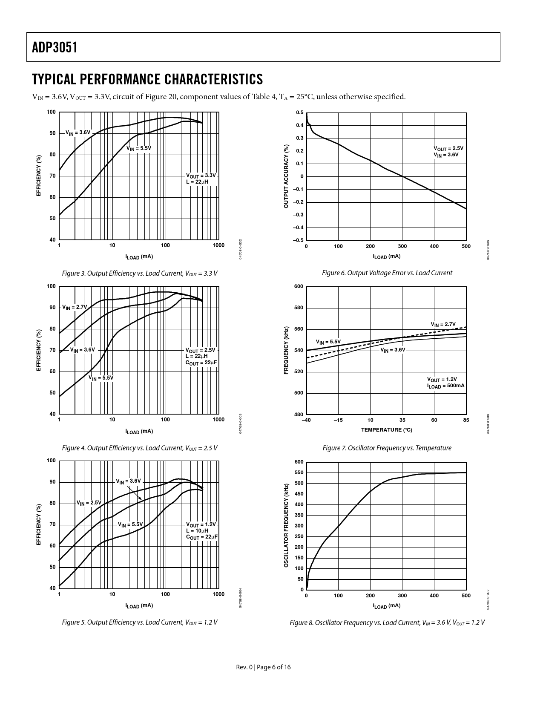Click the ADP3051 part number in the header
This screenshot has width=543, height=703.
point(55,47)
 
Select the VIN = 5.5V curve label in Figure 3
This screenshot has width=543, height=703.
point(138,148)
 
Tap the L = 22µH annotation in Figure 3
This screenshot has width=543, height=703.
point(197,182)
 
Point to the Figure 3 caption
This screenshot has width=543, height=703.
point(140,273)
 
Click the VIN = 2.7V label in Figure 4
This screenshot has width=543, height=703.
point(75,307)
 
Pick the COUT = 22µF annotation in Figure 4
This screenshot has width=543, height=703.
point(201,363)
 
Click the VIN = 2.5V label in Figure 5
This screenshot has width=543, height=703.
point(89,503)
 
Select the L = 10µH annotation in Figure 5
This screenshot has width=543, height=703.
point(197,531)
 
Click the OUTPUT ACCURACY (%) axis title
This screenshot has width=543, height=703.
point(286,176)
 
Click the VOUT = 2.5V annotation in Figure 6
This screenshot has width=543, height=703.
point(448,149)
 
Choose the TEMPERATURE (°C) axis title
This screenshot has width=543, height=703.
point(386,430)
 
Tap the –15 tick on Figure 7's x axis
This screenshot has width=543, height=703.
point(338,420)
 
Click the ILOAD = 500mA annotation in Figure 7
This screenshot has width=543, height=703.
point(445,386)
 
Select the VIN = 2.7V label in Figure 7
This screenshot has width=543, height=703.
point(443,325)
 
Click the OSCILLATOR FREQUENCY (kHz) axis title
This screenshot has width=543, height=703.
point(286,525)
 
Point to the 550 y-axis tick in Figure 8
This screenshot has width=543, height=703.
point(299,473)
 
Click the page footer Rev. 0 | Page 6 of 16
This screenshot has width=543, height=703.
point(264,667)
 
